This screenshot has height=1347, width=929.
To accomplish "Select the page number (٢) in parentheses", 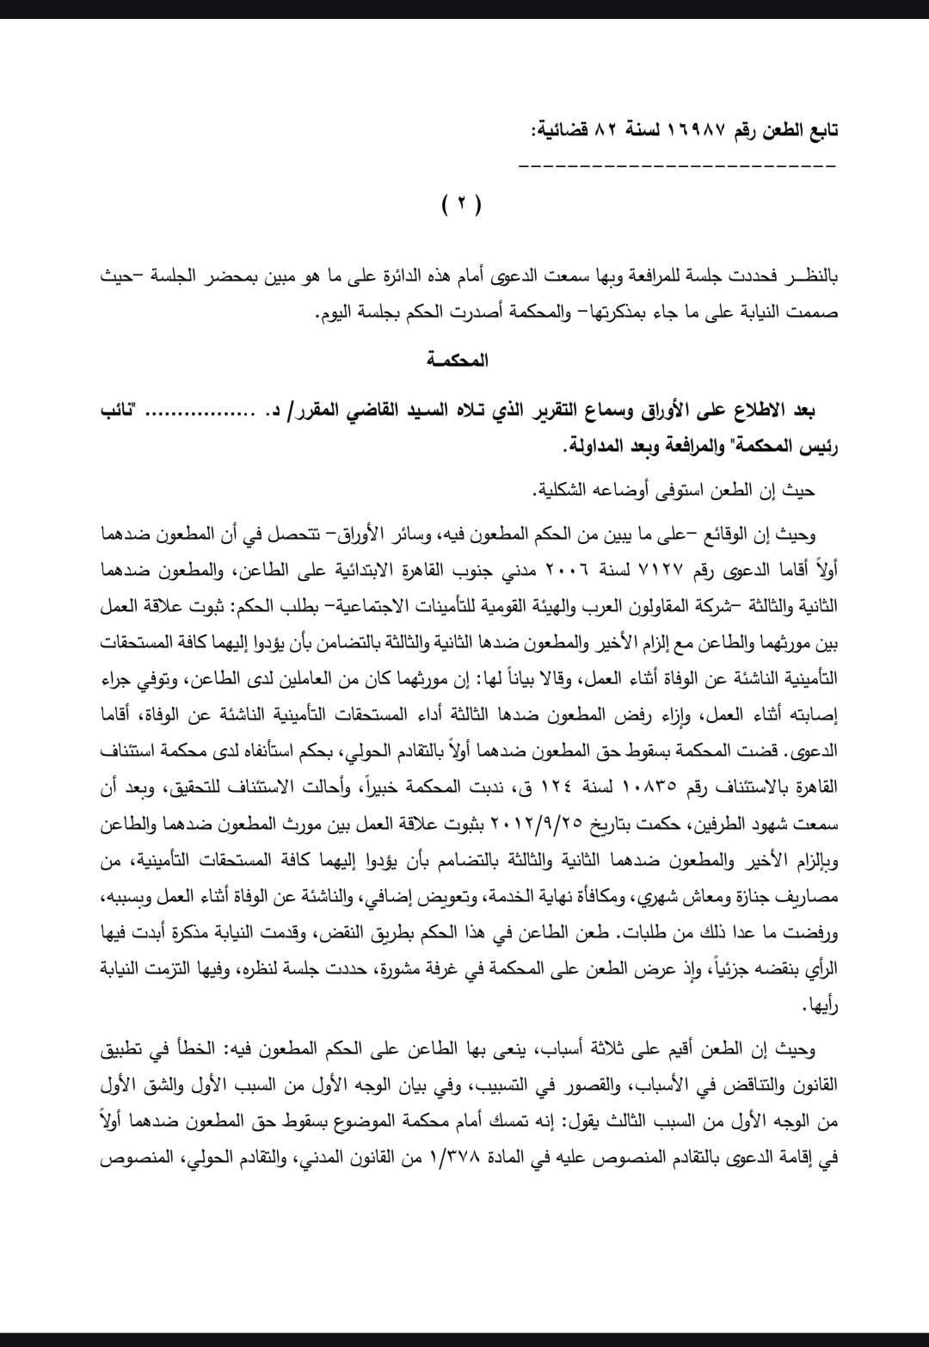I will (x=462, y=205).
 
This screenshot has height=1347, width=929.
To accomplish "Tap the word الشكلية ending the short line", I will (x=565, y=491).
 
